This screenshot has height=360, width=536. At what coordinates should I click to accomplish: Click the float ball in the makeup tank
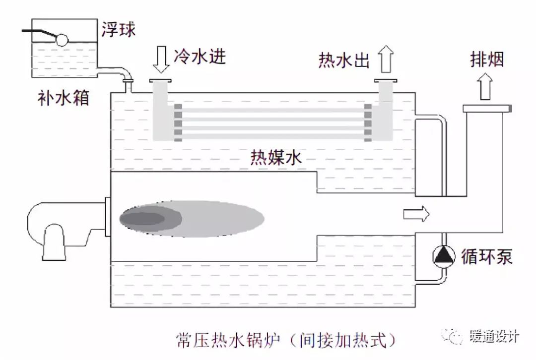click(x=63, y=40)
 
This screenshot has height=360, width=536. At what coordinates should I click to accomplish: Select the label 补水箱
click(x=63, y=98)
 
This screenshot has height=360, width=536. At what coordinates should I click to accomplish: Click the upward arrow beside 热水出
click(x=386, y=59)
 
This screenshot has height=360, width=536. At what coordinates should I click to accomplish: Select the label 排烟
click(x=486, y=60)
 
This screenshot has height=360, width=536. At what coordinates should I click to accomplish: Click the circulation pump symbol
click(x=444, y=255)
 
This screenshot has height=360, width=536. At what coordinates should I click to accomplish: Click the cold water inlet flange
click(x=160, y=80)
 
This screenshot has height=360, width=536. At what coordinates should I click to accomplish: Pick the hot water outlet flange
click(x=386, y=81)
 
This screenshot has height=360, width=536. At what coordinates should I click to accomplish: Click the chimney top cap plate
click(x=486, y=108)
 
